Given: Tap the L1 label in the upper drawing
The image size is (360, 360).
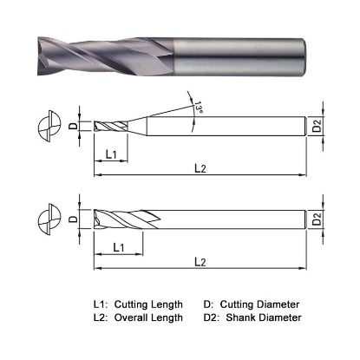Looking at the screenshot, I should tap(110, 154).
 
